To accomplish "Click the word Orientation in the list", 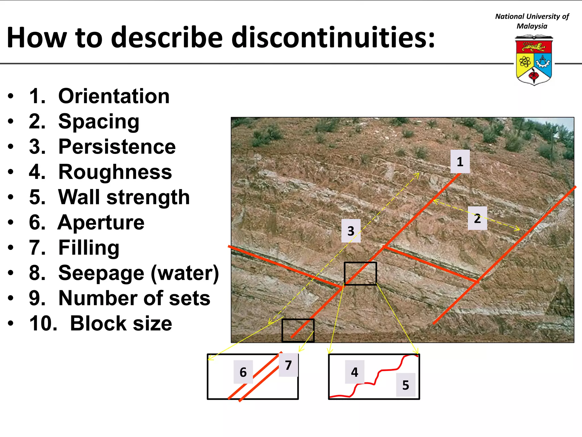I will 114,96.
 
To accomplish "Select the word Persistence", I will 117,147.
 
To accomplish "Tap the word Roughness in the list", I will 115,172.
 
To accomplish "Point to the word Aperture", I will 101,222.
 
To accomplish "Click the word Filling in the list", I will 89,248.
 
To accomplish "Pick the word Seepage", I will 101,273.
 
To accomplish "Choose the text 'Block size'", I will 121,323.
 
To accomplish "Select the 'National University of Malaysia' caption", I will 532,21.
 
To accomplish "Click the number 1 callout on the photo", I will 460,162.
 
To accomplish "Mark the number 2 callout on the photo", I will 477,218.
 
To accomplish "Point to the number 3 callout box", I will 351,231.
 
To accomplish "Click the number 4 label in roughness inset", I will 354,372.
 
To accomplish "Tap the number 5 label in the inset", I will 406,385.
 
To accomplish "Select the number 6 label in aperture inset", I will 243,372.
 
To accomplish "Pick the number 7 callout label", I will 288,365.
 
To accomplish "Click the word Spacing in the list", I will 99,121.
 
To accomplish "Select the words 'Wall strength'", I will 124,197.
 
